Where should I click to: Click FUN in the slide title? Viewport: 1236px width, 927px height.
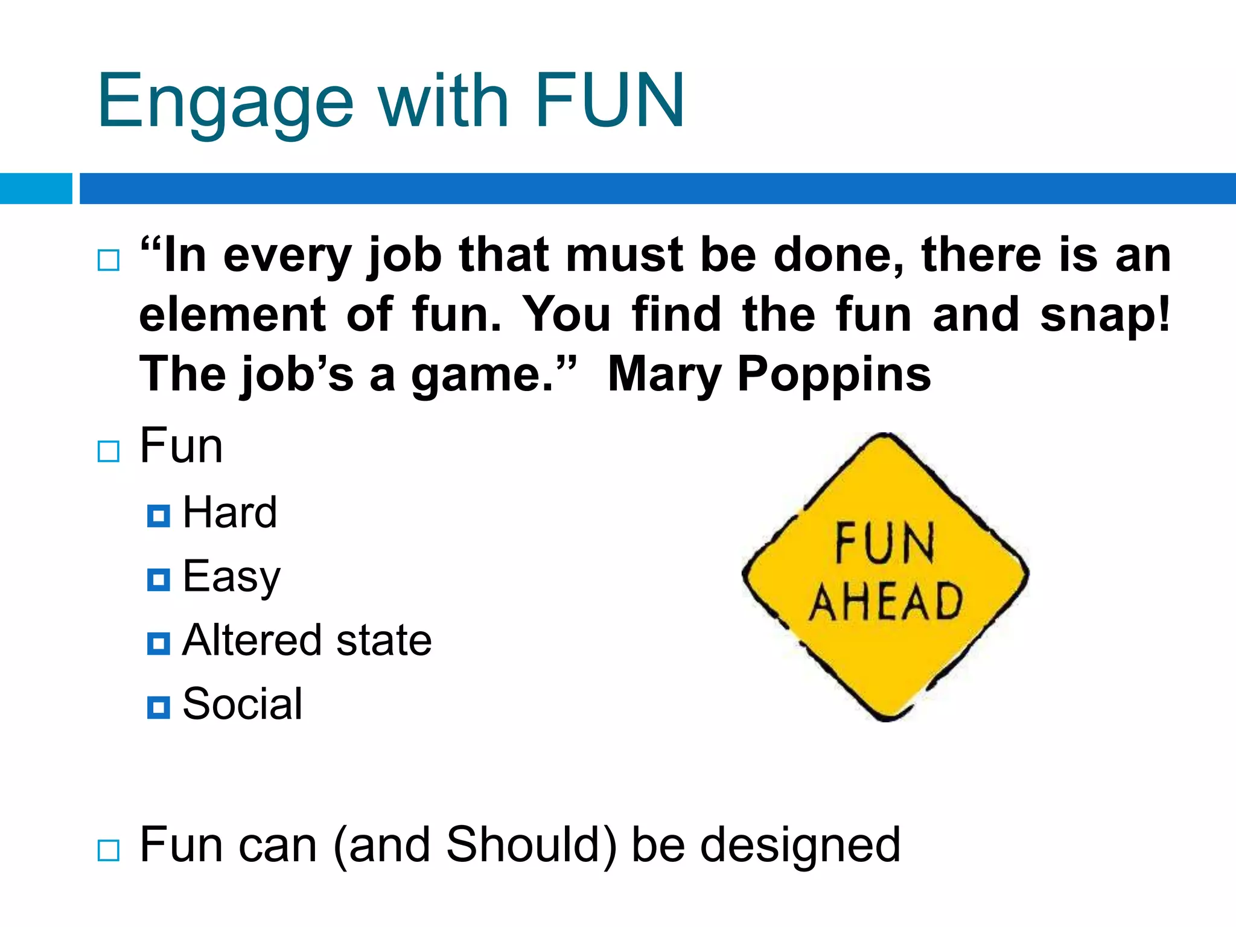[610, 101]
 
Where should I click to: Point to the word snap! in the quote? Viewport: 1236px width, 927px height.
[1104, 315]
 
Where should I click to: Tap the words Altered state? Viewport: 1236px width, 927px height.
[307, 641]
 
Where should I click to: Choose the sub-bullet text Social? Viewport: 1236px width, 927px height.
[242, 705]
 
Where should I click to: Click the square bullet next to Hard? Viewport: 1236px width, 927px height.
[159, 516]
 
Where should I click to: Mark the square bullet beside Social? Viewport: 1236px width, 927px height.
[159, 707]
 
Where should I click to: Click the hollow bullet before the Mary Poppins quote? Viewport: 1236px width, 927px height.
[109, 260]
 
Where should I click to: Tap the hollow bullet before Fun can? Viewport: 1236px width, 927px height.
[109, 850]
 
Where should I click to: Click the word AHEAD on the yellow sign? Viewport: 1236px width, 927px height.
[885, 602]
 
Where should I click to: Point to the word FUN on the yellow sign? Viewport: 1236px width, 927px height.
[885, 544]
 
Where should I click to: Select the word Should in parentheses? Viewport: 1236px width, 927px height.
[531, 844]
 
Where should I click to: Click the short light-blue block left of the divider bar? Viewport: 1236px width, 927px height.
[36, 188]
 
